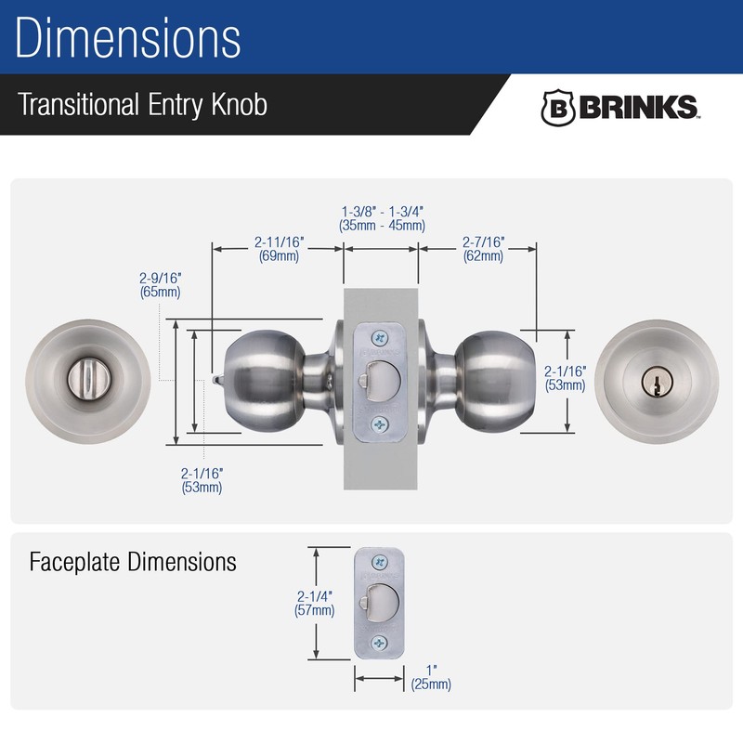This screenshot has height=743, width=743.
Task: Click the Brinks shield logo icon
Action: click(x=557, y=108)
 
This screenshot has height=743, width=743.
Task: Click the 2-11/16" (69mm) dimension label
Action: click(x=279, y=249)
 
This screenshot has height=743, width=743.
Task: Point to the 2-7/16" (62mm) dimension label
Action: click(x=483, y=249)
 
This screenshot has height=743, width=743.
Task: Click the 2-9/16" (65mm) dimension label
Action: click(x=160, y=284)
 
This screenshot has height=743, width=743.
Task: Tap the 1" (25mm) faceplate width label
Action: click(x=430, y=677)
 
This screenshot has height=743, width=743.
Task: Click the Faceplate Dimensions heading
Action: click(x=133, y=562)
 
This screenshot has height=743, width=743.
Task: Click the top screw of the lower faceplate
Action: click(x=379, y=563)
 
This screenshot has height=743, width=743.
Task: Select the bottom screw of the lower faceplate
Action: click(x=379, y=644)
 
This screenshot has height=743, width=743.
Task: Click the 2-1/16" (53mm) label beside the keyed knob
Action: click(x=567, y=378)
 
